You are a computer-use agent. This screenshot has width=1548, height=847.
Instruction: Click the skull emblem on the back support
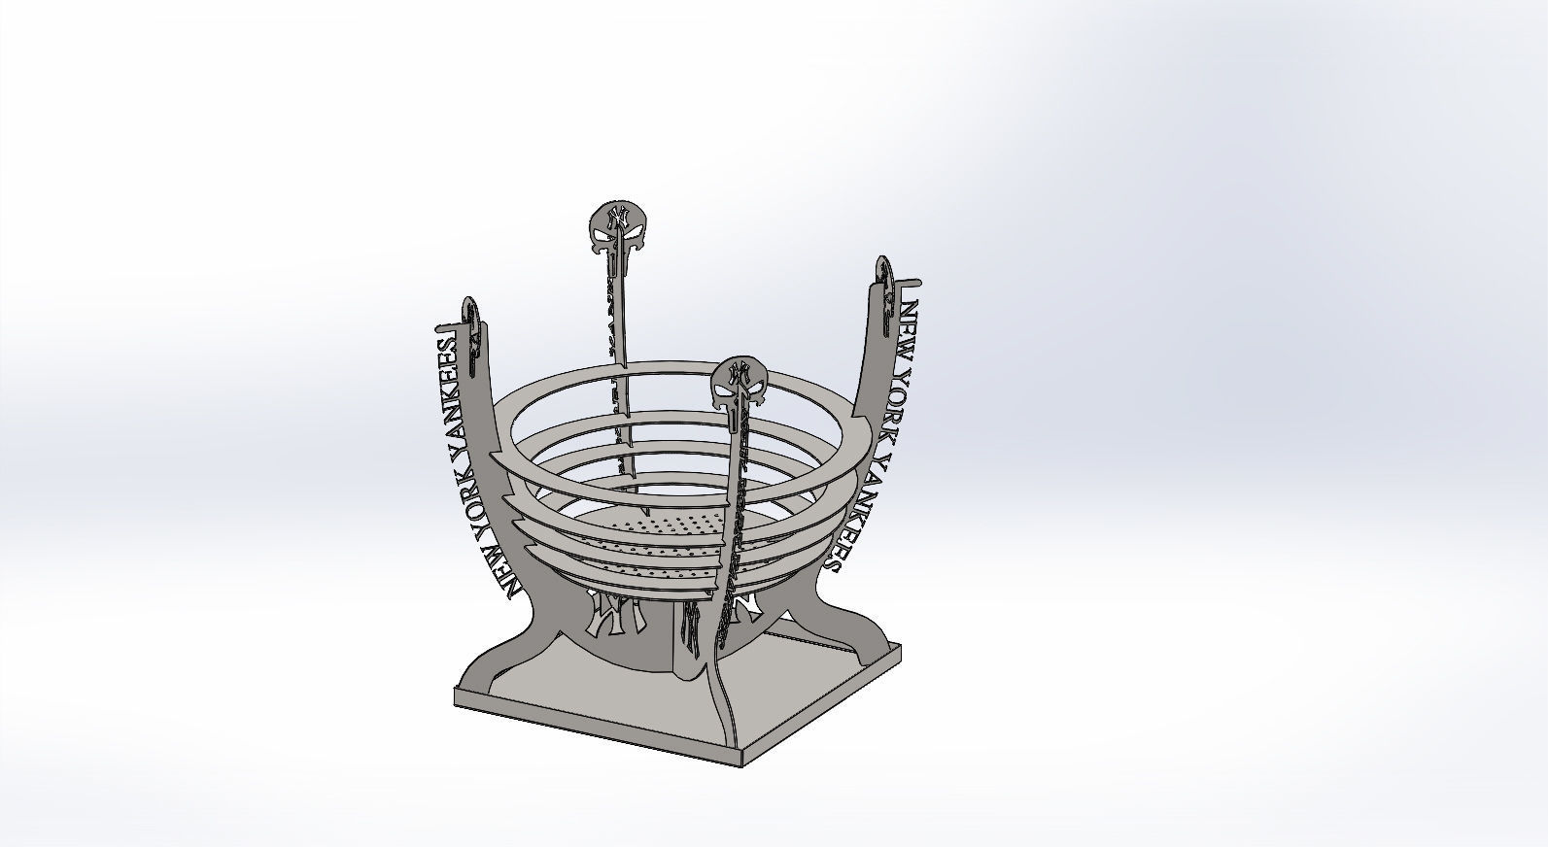click(614, 225)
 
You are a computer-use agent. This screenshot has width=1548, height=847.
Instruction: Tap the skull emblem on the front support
click(740, 383)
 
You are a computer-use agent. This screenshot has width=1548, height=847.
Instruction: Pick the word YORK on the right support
click(891, 399)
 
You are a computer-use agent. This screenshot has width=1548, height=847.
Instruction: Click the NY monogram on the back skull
click(614, 216)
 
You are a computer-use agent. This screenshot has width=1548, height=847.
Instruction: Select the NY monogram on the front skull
click(740, 373)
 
